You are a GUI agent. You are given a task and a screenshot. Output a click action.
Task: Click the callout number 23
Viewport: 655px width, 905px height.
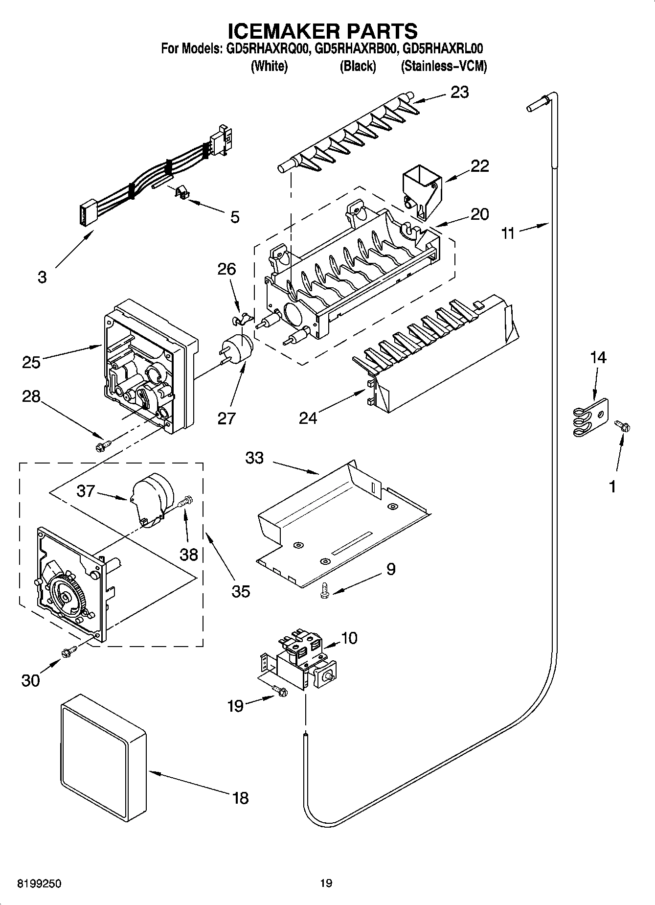point(459,92)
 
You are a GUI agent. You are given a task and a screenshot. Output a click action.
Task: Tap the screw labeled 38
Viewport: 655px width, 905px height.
point(187,501)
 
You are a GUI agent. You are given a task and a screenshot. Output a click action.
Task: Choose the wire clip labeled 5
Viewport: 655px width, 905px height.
point(182,191)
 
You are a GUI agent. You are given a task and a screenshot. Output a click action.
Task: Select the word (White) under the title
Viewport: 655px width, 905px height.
point(269,66)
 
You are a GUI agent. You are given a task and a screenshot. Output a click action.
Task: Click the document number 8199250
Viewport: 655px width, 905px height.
point(39,883)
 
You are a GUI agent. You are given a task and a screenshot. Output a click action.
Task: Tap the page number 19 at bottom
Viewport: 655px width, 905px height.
point(326,883)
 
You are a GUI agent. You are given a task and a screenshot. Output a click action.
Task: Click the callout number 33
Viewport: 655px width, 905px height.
point(255,458)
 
